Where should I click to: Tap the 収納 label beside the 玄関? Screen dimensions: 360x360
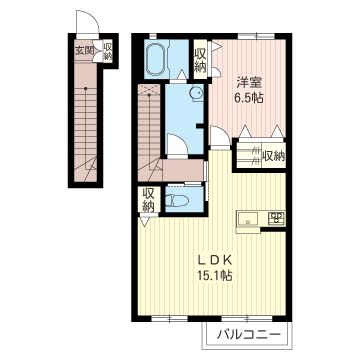107,51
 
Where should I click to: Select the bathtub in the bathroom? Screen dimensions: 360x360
158,61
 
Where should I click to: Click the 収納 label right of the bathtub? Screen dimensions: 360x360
200,60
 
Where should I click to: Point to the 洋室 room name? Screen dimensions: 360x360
248,83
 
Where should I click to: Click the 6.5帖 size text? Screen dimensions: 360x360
248,100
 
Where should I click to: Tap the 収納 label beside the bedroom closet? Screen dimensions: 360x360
272,155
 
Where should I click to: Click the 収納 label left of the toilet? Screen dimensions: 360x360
149,200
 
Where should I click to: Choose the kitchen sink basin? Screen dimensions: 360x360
247,219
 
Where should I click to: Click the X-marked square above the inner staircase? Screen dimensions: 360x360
148,92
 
